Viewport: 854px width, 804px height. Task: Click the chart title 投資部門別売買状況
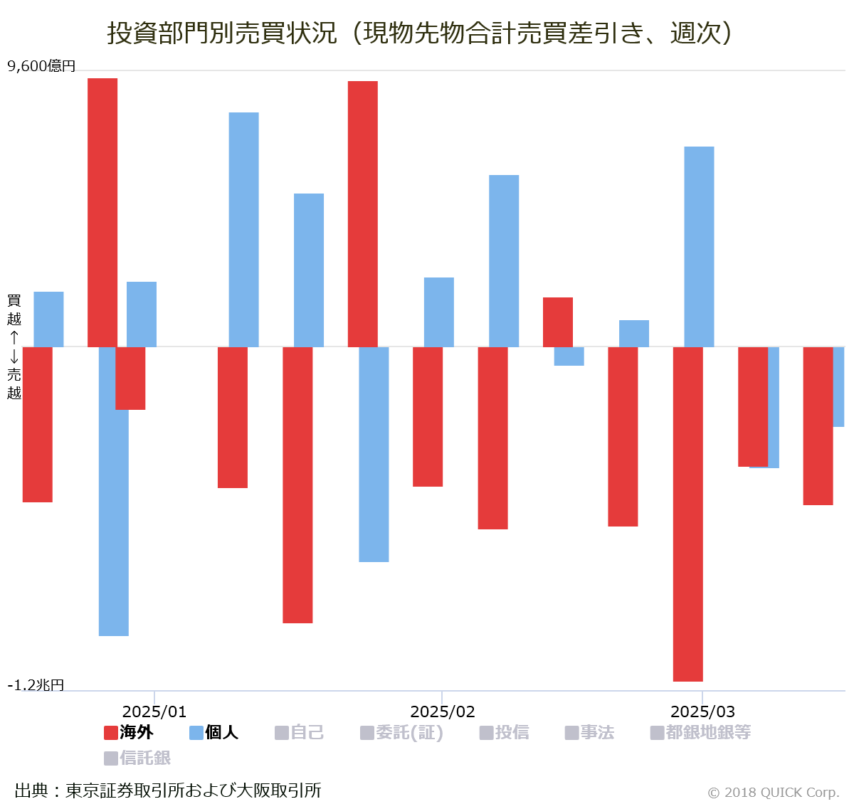(420, 33)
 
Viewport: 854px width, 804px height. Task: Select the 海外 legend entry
(129, 732)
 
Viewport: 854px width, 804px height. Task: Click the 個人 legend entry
(213, 732)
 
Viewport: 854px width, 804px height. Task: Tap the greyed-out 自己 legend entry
(299, 732)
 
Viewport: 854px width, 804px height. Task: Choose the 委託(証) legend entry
(401, 732)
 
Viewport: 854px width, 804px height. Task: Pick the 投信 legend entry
(504, 732)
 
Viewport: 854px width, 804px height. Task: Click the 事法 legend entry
(589, 732)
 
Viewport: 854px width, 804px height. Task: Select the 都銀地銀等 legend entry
(700, 732)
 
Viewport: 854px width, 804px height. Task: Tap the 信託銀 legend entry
(137, 758)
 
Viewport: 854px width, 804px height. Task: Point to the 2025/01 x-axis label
(154, 712)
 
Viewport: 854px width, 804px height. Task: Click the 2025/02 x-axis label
(443, 712)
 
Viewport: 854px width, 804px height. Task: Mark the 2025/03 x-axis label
(702, 712)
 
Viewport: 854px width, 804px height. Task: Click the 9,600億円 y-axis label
(41, 66)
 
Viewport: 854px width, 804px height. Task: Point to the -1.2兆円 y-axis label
(36, 684)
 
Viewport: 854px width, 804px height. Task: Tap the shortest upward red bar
(558, 322)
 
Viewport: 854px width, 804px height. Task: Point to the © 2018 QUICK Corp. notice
(774, 792)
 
